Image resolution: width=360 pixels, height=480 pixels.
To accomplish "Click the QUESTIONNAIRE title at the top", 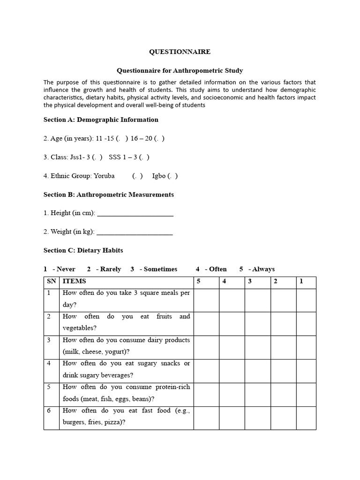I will (x=180, y=52).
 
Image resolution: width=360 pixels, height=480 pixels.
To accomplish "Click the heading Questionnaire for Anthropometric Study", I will (x=180, y=71).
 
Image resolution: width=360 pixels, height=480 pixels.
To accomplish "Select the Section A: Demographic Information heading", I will (x=101, y=120).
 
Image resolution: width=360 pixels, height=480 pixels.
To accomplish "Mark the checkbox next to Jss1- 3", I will (x=98, y=157).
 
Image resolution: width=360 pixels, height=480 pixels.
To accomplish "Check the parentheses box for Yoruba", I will (x=138, y=176).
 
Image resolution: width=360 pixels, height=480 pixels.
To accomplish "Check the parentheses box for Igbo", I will (x=174, y=176).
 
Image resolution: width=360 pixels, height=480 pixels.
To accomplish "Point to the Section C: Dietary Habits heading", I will (x=83, y=250).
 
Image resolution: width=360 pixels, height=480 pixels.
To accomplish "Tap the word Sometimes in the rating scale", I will (x=160, y=269).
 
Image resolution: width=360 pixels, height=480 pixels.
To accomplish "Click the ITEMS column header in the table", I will (x=75, y=282).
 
